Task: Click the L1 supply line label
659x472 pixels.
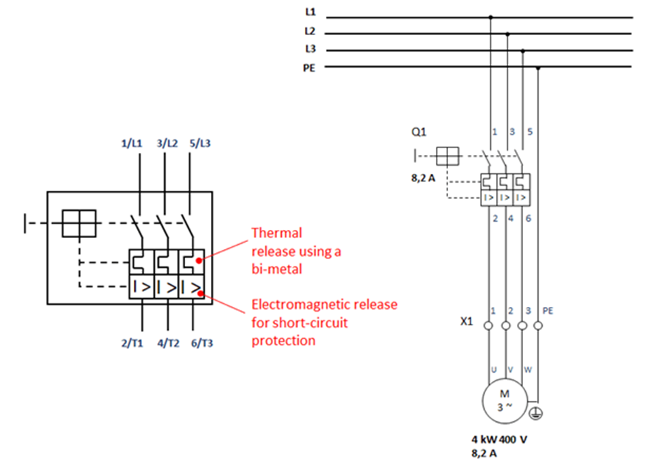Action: coord(310,12)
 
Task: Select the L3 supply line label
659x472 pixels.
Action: coord(310,49)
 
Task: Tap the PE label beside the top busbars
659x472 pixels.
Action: coord(309,68)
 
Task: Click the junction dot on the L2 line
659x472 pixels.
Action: coord(508,34)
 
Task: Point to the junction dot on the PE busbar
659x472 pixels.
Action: coord(538,68)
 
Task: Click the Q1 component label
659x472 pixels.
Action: coord(418,132)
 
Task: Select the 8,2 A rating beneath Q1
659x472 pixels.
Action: coord(423,179)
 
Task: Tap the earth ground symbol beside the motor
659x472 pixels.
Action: coord(535,414)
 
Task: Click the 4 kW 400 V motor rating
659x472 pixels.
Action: coord(499,440)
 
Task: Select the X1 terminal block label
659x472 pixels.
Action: coord(466,321)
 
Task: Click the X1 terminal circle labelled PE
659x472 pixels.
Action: coord(538,325)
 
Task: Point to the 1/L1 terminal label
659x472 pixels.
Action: coord(132,143)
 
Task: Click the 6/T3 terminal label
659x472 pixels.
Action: coord(202,344)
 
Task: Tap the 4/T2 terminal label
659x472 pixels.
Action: coord(168,344)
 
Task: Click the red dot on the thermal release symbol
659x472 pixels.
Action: coord(199,260)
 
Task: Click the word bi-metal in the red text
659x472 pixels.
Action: coord(276,269)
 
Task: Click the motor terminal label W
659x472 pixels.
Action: coord(528,370)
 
